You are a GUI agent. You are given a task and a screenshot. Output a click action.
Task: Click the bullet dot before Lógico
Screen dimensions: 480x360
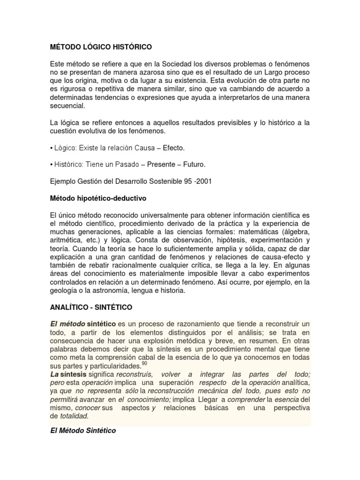pyautogui.click(x=51, y=148)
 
